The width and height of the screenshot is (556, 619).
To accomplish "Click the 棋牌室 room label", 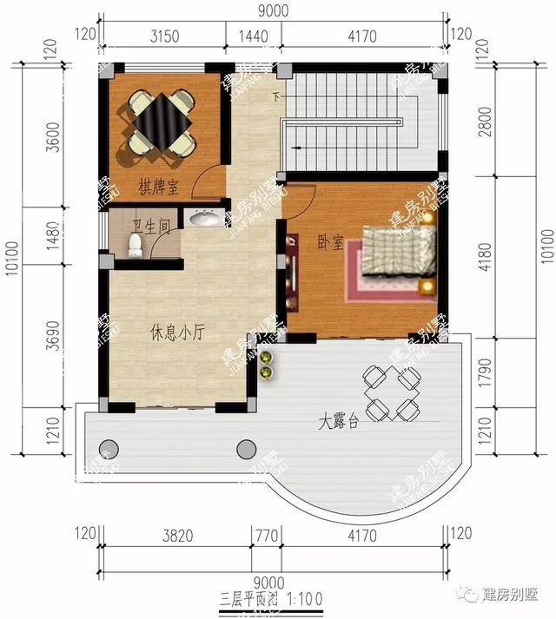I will pyautogui.click(x=158, y=186).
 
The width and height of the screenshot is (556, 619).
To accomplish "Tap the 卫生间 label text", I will pyautogui.click(x=149, y=227).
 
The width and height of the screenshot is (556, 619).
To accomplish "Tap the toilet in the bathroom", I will pyautogui.click(x=134, y=247).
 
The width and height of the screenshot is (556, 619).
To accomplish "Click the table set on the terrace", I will pyautogui.click(x=392, y=391).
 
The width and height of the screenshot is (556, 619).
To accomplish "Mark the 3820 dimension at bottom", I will pyautogui.click(x=176, y=536).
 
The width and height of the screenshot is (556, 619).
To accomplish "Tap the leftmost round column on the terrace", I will pyautogui.click(x=108, y=449).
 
